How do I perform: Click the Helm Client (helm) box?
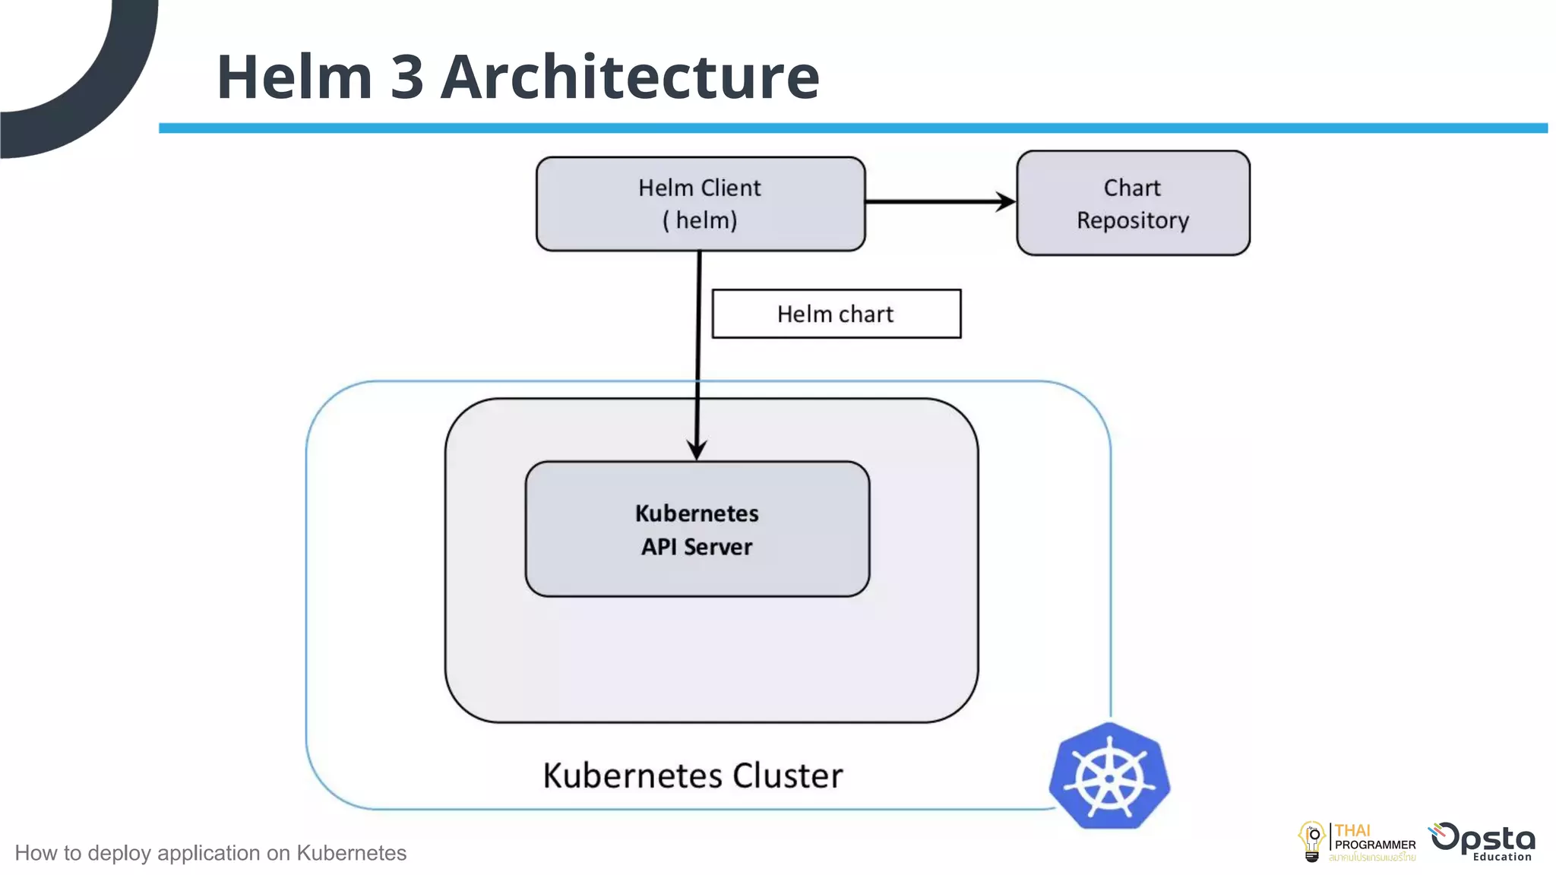click(x=700, y=204)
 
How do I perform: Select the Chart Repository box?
click(x=1132, y=203)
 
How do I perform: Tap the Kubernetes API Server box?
click(x=697, y=529)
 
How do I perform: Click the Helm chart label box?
click(x=836, y=314)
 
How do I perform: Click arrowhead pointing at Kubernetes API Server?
click(x=697, y=449)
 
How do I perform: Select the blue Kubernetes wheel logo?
click(x=1109, y=776)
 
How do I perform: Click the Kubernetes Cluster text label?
click(x=692, y=775)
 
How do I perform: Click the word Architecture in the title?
click(x=630, y=77)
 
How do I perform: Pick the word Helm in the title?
click(x=294, y=77)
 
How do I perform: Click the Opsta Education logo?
click(x=1482, y=842)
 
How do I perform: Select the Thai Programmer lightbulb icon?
click(x=1311, y=842)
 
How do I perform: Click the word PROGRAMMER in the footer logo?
click(x=1374, y=845)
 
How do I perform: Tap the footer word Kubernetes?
click(x=351, y=853)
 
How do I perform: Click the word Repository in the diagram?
click(x=1132, y=220)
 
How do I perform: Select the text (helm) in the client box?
click(x=700, y=220)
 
